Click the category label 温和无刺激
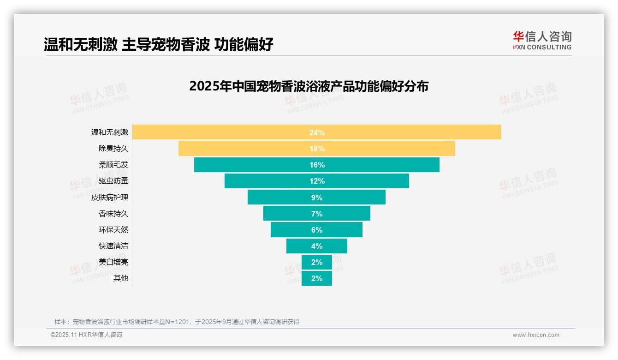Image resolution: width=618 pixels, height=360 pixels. pos(109,132)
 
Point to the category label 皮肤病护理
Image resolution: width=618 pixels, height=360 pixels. pos(109,197)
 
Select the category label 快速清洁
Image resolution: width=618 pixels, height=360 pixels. pos(113,246)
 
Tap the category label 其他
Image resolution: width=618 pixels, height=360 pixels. pos(120,278)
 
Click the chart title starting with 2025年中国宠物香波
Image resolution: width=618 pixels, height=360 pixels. pos(309,86)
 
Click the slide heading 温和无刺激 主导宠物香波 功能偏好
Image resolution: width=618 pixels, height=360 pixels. pos(158,45)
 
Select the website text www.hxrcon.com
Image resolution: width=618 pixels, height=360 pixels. pos(535,335)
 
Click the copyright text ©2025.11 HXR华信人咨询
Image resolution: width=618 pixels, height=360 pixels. pos(86,335)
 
